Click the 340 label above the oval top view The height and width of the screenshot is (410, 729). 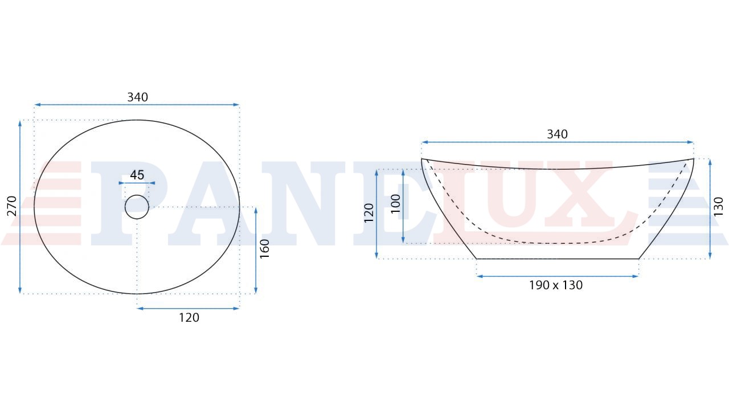137,97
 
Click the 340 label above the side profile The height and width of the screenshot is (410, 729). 557,134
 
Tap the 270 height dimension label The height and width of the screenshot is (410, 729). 12,206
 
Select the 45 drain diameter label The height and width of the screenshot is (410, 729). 137,175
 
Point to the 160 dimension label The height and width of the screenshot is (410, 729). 265,249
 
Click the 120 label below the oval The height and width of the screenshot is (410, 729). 189,318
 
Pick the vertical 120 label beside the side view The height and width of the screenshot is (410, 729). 368,213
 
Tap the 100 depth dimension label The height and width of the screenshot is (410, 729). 395,204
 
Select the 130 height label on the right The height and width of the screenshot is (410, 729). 718,207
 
